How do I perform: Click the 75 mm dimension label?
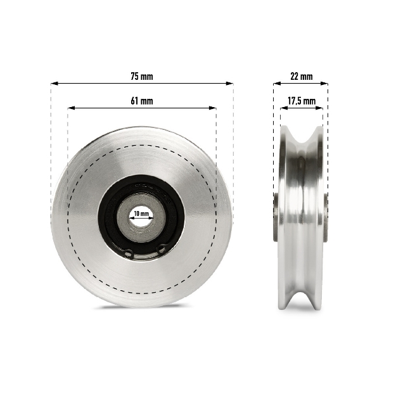(142, 76)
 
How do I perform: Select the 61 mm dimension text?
(142, 101)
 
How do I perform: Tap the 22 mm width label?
(301, 76)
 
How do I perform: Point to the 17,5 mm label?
(301, 101)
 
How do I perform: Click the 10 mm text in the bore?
(141, 214)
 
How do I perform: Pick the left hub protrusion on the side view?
(276, 217)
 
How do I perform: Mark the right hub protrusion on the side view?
(326, 217)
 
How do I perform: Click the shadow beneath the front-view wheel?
(142, 308)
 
